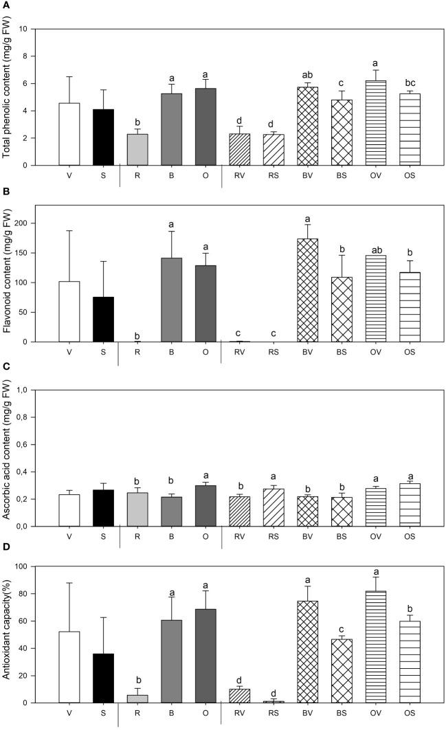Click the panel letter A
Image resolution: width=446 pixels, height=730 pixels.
coord(5,6)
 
